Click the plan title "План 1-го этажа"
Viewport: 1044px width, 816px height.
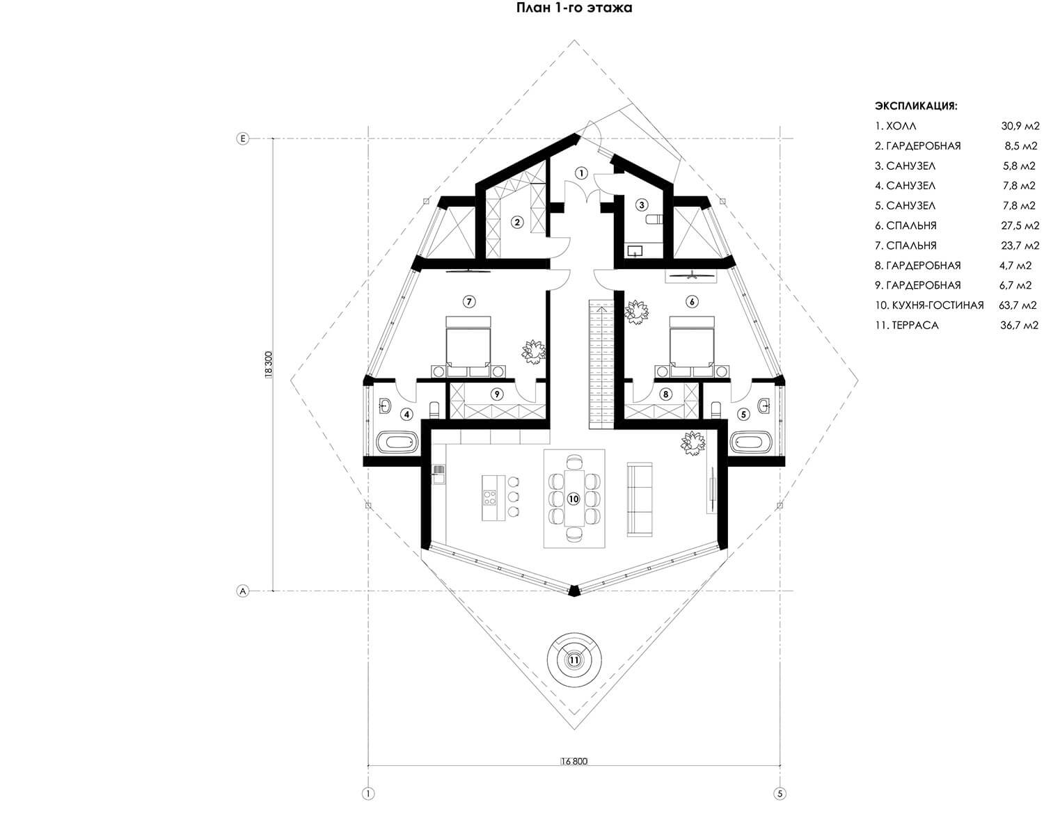tap(574, 8)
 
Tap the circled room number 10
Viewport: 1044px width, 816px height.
tap(574, 499)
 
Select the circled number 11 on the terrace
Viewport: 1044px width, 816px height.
tap(574, 660)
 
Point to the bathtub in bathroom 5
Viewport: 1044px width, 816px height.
tap(751, 442)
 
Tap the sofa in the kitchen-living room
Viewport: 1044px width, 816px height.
tap(640, 499)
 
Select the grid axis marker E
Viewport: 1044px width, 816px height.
tap(243, 138)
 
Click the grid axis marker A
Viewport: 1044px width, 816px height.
tap(243, 591)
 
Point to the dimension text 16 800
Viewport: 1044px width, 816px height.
tap(574, 761)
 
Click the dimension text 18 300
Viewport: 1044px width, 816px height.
tap(269, 365)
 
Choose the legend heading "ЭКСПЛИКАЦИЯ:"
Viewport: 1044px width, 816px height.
tap(916, 106)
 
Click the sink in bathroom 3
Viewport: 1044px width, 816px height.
tap(635, 250)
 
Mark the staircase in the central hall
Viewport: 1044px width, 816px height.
tap(601, 363)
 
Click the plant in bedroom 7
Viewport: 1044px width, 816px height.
tap(534, 350)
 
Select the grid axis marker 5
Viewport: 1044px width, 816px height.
tap(780, 794)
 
